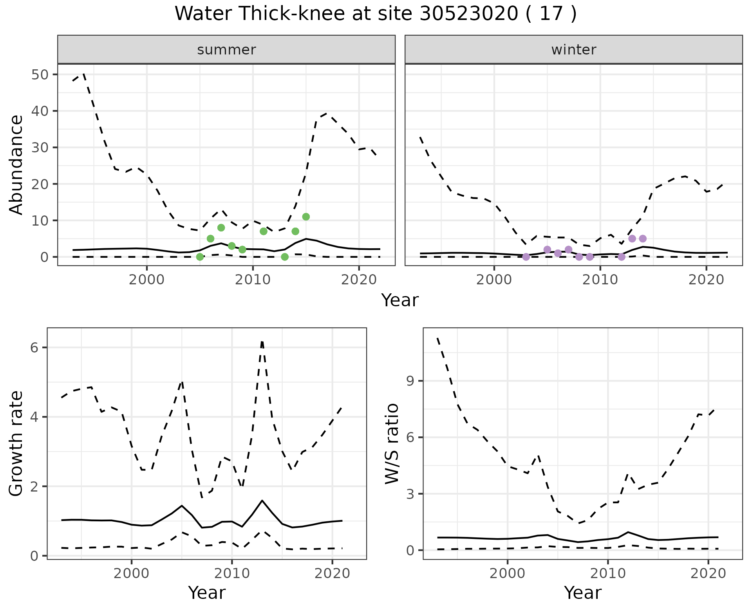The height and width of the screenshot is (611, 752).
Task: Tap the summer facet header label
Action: pyautogui.click(x=226, y=50)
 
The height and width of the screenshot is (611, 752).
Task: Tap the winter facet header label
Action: pyautogui.click(x=574, y=50)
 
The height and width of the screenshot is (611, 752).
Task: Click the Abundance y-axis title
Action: pyautogui.click(x=16, y=164)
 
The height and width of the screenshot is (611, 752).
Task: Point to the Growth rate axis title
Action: pyautogui.click(x=16, y=444)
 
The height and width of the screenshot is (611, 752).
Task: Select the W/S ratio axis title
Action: pyautogui.click(x=392, y=444)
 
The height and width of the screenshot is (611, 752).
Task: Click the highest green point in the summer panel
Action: pyautogui.click(x=306, y=217)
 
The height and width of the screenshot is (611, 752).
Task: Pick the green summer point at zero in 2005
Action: pyautogui.click(x=200, y=257)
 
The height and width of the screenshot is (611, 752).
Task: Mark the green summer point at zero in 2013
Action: pyautogui.click(x=285, y=257)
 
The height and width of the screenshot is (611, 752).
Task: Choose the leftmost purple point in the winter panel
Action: pyautogui.click(x=526, y=257)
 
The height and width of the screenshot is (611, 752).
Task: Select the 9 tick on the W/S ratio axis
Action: pyautogui.click(x=410, y=381)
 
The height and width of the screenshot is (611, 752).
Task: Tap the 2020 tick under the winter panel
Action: pyautogui.click(x=706, y=280)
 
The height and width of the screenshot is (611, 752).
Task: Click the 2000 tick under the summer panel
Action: pyautogui.click(x=146, y=280)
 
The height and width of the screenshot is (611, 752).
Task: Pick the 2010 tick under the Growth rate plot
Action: pyautogui.click(x=232, y=574)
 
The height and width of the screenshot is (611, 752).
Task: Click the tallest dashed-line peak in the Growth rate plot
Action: pyautogui.click(x=262, y=342)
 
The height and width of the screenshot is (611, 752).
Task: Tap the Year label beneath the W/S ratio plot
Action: pyautogui.click(x=582, y=593)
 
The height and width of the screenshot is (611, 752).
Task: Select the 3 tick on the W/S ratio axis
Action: pyautogui.click(x=410, y=494)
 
